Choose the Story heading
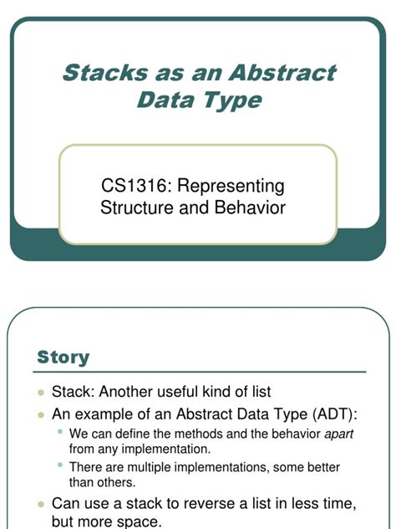[x=63, y=357]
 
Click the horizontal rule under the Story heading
[x=201, y=372]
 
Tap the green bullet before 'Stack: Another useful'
[x=42, y=392]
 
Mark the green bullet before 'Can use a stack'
[x=42, y=504]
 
